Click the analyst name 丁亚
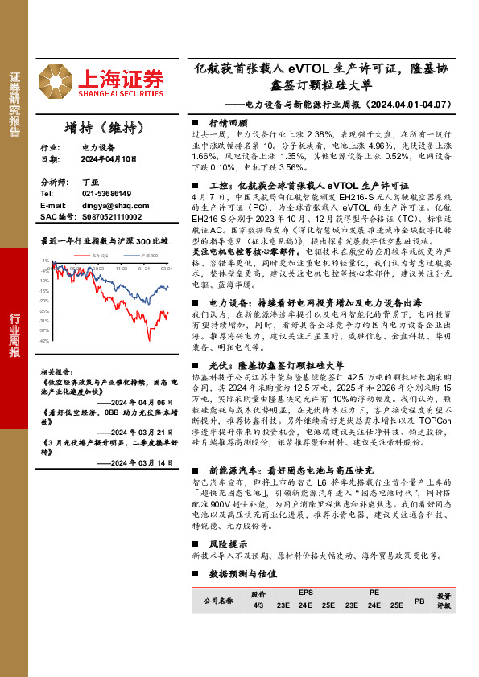click(x=89, y=183)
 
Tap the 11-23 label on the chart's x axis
click(x=122, y=268)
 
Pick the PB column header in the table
click(x=419, y=600)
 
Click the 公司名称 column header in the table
click(x=217, y=600)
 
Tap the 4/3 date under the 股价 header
click(x=258, y=605)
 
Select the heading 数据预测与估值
click(x=242, y=574)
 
